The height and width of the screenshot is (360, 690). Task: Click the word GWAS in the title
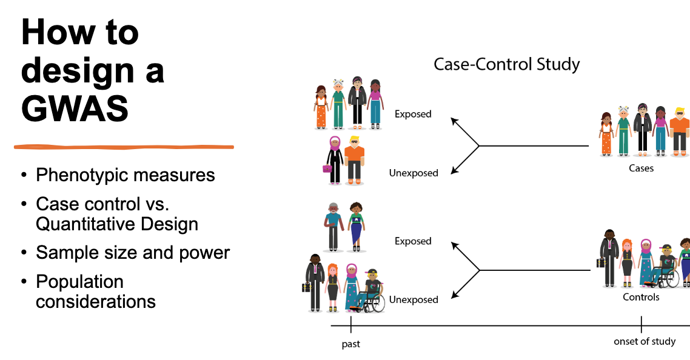coord(75,108)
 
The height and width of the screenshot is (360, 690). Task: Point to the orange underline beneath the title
coord(124,147)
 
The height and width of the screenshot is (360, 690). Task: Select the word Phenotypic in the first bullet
coord(85,176)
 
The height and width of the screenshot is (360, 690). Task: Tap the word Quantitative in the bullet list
coord(85,225)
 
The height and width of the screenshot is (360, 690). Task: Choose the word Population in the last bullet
coord(79,282)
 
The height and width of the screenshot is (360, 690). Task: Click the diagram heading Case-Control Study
coord(506,64)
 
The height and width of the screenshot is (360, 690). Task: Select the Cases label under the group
coord(641,168)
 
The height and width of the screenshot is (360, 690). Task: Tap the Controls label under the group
coord(641,297)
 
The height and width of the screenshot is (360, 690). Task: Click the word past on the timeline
coord(350,344)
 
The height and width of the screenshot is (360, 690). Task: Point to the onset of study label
coord(645,342)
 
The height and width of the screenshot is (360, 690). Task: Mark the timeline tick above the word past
coord(350,324)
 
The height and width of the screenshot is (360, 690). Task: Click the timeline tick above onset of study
coord(641,324)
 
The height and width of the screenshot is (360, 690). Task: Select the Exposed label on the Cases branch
coord(413,114)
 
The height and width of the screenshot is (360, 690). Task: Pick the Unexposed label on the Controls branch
coord(414,300)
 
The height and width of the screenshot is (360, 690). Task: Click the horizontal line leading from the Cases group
coord(534,145)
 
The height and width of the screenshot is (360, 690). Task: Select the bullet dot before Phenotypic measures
coord(24,176)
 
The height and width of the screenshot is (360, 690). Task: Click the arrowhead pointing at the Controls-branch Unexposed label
coord(455,295)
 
